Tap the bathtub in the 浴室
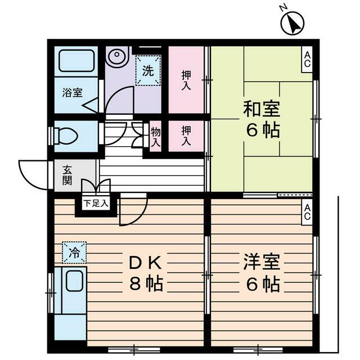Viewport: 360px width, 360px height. point(76,60)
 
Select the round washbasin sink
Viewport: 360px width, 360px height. point(116,57)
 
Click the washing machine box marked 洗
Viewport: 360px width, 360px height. point(147,71)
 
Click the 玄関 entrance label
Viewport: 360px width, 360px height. point(67,175)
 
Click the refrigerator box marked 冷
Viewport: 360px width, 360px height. point(74,252)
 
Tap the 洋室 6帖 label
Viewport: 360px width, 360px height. point(261,273)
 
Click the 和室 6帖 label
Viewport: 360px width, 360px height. point(261,119)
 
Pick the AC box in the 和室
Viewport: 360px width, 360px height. point(307,58)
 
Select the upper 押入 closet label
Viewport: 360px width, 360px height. point(186,79)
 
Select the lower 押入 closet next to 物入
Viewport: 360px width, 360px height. point(186,137)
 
